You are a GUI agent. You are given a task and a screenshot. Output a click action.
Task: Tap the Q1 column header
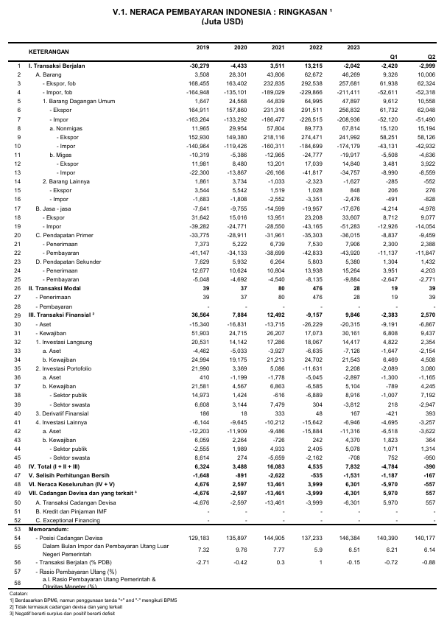(x=394, y=56)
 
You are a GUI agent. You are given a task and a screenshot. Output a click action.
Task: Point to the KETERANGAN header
(x=49, y=52)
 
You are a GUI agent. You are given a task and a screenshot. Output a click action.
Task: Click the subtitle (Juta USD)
(x=222, y=22)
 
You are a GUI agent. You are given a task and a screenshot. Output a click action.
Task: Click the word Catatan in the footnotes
(x=19, y=592)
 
